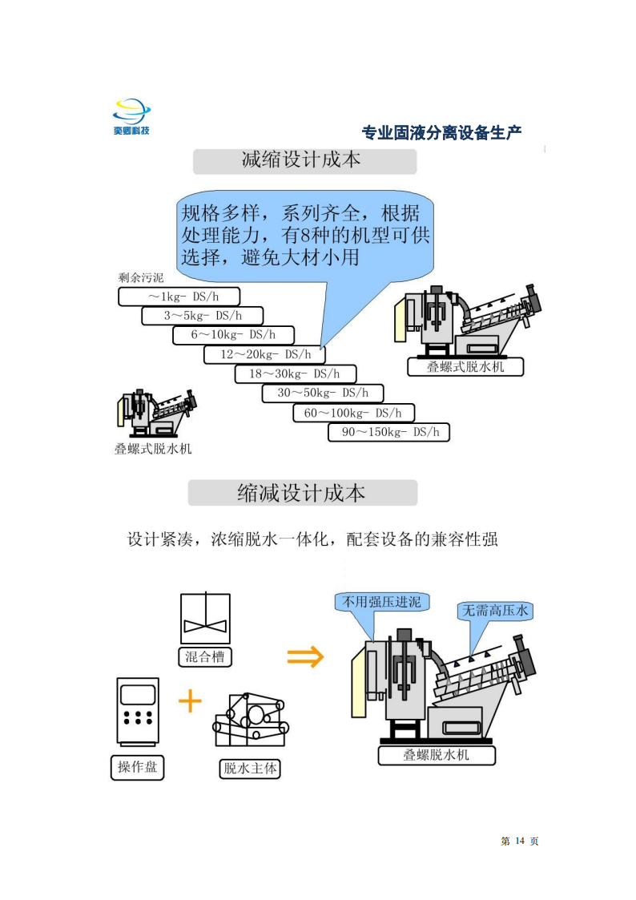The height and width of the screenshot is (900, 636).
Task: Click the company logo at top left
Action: coord(131,116)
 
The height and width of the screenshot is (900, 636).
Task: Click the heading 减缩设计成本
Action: coord(304,161)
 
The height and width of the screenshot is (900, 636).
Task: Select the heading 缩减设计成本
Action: coord(302,493)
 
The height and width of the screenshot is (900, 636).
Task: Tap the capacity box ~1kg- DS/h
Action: coord(179,297)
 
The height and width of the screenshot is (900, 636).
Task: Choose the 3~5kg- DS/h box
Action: coord(203,316)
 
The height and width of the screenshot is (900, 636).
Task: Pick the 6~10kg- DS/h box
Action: coord(233,335)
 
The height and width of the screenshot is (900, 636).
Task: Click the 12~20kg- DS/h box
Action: coord(264,354)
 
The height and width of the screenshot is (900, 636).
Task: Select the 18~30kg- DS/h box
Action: coord(296,373)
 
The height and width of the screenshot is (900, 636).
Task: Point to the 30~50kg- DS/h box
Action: coord(322,393)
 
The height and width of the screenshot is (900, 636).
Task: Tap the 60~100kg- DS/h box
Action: coord(353,413)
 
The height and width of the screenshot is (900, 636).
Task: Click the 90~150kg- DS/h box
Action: coord(388,432)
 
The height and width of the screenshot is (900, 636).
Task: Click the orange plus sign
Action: coord(190,700)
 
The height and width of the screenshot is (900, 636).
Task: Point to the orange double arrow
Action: coord(305,656)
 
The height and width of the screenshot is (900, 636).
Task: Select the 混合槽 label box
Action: coord(205,656)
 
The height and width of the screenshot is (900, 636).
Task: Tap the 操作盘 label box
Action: coord(137,768)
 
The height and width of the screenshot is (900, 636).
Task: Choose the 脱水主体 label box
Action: coord(250,769)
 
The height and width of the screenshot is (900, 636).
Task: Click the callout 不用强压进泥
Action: coord(381,602)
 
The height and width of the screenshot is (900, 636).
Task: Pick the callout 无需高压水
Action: coord(495,611)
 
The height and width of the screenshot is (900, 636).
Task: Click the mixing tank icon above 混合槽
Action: coord(205,618)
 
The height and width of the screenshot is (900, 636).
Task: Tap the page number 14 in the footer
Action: coord(520,841)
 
